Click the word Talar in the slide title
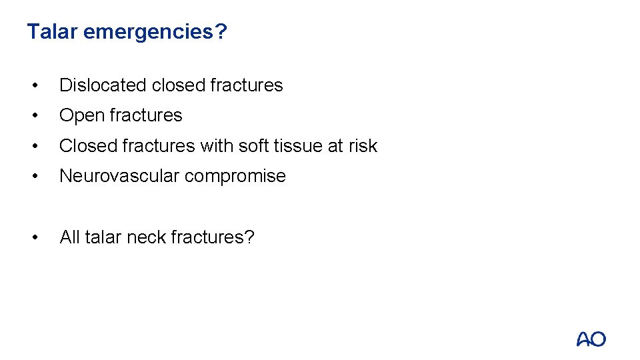52,31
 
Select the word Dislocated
103,85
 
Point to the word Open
79,116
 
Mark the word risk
361,146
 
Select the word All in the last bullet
70,237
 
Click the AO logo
591,339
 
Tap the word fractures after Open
142,115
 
